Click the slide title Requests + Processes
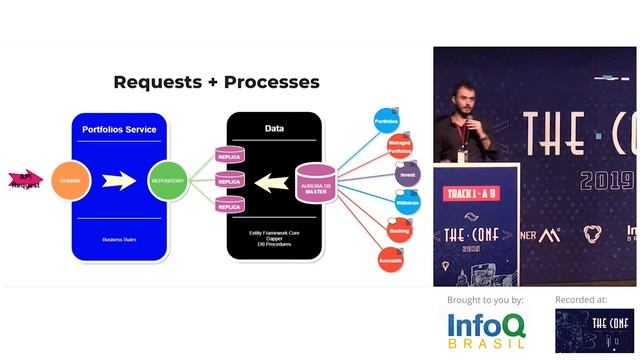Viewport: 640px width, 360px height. [x=216, y=82]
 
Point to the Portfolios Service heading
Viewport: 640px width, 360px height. [x=121, y=128]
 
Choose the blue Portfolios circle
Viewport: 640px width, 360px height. [x=386, y=120]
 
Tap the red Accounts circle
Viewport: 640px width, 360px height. [x=390, y=260]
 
